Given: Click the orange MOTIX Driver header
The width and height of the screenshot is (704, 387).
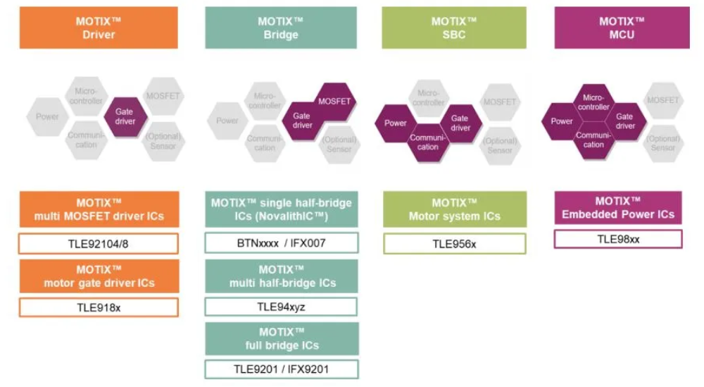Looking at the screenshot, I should coord(99,28).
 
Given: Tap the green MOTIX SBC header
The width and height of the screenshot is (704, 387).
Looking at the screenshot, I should coord(454,28).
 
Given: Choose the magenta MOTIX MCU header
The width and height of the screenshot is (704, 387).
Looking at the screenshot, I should coord(622,28).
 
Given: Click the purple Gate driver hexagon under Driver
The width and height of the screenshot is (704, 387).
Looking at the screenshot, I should coord(125,116).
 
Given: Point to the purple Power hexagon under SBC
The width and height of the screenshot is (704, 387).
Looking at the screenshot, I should coord(396,123).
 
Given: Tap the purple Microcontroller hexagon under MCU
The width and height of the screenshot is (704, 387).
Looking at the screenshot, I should coord(593,102).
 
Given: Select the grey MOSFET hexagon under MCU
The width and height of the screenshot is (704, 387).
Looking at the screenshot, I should coord(662,101).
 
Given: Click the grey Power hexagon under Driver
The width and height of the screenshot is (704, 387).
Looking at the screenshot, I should coord(48,116).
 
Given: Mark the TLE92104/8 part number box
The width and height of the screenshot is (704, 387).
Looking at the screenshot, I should coord(99,244).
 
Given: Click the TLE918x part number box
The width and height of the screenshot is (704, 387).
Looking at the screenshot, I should coord(99,307).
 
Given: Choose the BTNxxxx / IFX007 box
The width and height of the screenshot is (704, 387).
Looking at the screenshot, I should coord(281,243).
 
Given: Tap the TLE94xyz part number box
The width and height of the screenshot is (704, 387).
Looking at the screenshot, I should coord(281,307).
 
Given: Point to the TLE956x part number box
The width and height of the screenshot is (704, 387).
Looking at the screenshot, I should coord(454,244).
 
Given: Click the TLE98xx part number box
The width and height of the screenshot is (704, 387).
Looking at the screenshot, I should coord(618,239).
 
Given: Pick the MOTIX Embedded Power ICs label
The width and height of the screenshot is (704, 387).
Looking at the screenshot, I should coord(618,208).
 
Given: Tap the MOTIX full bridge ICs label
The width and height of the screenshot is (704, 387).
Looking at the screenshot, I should coord(282,339).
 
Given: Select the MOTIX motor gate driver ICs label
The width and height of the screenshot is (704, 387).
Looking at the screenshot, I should coord(99,276).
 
